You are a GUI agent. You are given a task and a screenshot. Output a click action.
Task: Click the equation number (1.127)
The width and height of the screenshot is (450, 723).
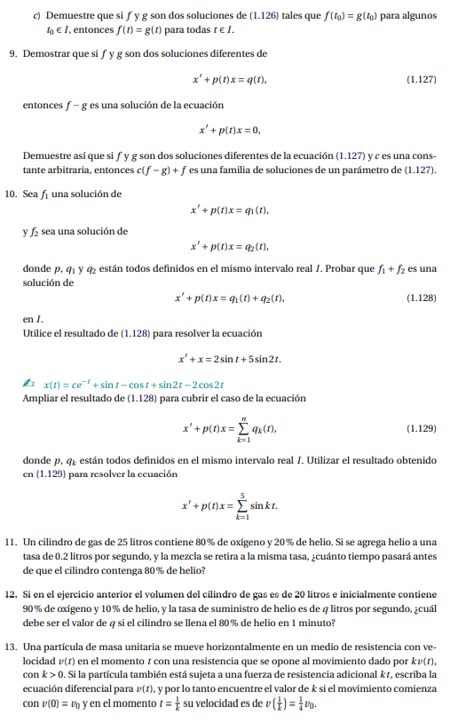point(421,80)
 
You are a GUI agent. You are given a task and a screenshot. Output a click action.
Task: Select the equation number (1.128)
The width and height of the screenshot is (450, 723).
point(421,298)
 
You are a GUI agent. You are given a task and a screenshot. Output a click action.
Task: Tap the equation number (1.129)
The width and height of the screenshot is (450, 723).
point(421,429)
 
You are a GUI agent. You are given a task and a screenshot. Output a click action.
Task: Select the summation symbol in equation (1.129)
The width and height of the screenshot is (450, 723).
point(243,430)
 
